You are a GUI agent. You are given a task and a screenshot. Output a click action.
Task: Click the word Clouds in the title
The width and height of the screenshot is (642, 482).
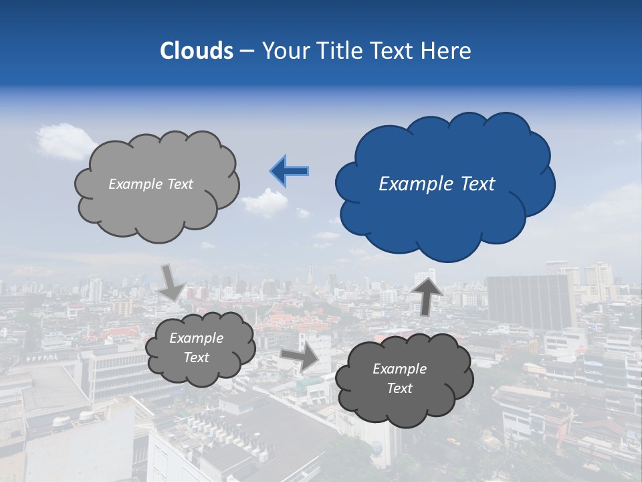(197, 51)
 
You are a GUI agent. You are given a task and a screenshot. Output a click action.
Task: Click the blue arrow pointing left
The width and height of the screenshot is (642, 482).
(290, 171)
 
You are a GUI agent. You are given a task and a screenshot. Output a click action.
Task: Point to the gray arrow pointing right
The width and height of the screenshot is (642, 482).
(300, 357)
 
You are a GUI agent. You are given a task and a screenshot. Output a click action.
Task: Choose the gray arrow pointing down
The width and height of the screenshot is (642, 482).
(172, 282)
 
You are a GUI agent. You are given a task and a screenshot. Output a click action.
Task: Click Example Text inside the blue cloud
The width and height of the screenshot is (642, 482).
(437, 184)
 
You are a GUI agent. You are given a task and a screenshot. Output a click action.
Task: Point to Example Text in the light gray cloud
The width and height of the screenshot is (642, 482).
(150, 184)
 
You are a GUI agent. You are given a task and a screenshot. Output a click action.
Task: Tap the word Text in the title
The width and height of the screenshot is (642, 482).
(393, 51)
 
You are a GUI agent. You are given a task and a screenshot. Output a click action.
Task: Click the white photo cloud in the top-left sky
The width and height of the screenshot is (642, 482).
(66, 141)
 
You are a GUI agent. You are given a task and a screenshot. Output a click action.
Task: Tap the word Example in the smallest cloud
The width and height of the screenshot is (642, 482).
(197, 338)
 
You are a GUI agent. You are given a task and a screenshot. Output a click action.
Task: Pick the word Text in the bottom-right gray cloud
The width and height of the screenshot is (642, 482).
(399, 388)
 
